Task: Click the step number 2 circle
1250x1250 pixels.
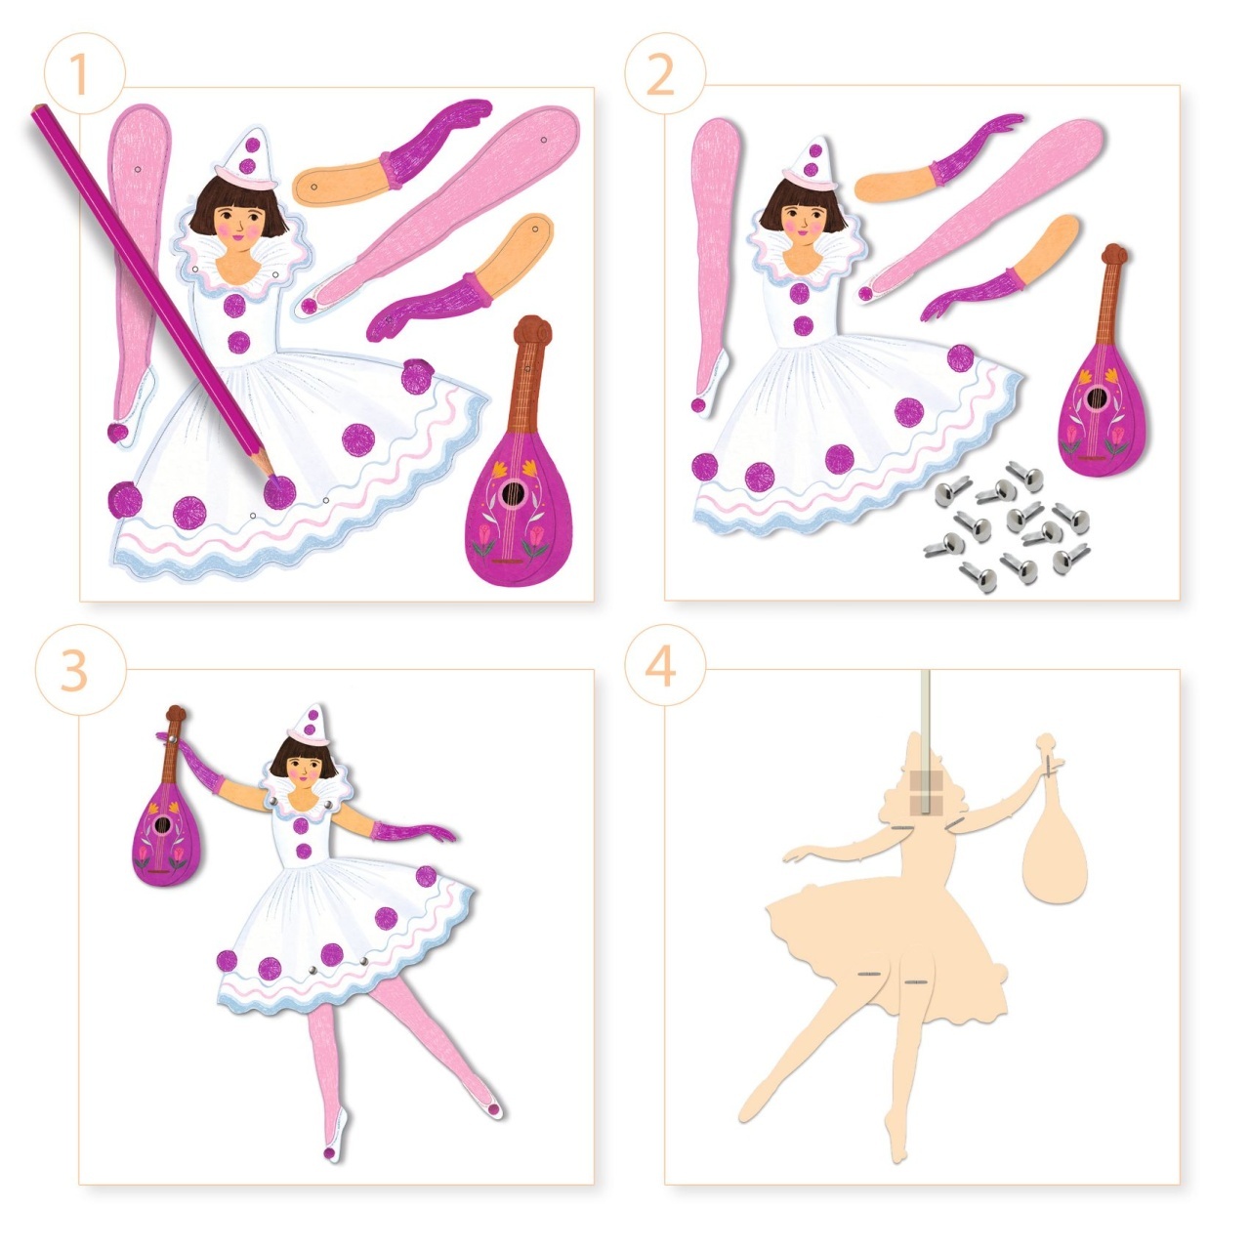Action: [662, 73]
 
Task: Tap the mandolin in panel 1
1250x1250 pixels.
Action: [517, 479]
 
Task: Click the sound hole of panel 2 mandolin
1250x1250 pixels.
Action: [1096, 398]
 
